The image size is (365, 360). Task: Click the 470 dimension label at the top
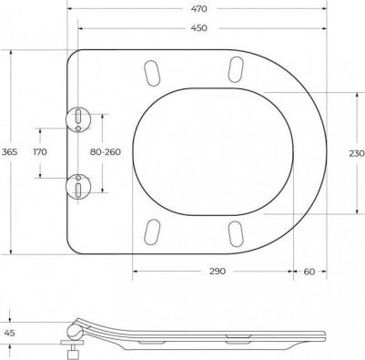pos(198,9)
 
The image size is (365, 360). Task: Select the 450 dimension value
pos(198,28)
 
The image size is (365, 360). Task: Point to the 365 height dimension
pos(10,151)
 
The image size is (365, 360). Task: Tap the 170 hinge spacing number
pos(40,151)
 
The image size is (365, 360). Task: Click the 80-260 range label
pos(106,151)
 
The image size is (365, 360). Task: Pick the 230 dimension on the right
pos(357,153)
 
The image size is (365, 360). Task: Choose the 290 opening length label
pos(218,271)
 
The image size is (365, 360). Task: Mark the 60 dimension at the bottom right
pos(309,272)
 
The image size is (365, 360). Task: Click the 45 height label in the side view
pos(9,333)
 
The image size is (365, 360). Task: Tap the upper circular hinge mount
pos(78,119)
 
